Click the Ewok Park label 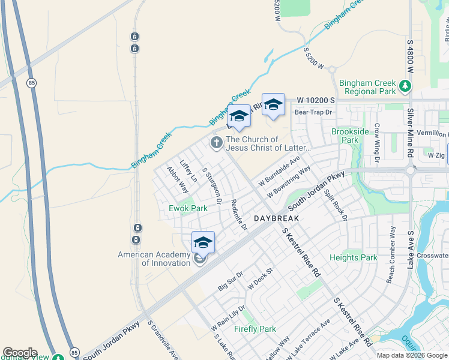pyautogui.click(x=188, y=208)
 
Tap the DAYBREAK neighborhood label pyautogui.click(x=276, y=219)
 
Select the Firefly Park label pyautogui.click(x=255, y=329)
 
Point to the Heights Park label pyautogui.click(x=354, y=257)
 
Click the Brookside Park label pyautogui.click(x=350, y=136)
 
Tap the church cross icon pyautogui.click(x=215, y=143)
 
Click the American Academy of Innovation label pyautogui.click(x=154, y=259)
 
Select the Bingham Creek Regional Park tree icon pyautogui.click(x=405, y=87)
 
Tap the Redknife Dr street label pyautogui.click(x=239, y=214)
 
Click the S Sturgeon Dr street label pyautogui.click(x=212, y=186)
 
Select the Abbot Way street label pyautogui.click(x=178, y=179)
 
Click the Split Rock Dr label pyautogui.click(x=336, y=204)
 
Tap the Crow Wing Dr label pyautogui.click(x=376, y=143)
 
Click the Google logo pyautogui.click(x=20, y=353)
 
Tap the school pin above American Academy pyautogui.click(x=203, y=242)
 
